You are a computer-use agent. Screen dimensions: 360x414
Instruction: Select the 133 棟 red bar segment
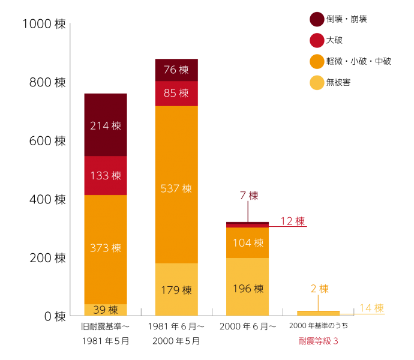(x=106, y=175)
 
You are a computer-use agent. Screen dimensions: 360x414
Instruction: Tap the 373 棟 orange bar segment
(x=106, y=248)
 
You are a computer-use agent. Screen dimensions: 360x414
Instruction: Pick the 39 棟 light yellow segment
(x=106, y=310)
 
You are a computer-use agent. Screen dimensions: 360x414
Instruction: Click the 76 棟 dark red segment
(x=176, y=70)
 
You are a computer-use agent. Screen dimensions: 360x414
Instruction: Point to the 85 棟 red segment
(x=176, y=94)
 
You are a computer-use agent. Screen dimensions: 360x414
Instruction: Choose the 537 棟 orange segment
(x=176, y=187)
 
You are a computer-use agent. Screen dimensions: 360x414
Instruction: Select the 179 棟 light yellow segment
(x=176, y=289)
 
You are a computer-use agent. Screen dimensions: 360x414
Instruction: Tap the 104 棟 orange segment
(x=248, y=242)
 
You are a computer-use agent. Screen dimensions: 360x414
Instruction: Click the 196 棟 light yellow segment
(x=248, y=288)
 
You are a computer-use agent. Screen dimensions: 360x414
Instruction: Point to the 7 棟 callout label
(x=248, y=196)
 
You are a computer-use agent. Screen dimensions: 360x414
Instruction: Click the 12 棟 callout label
(x=292, y=221)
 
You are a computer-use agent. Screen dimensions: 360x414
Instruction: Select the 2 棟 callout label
(x=319, y=289)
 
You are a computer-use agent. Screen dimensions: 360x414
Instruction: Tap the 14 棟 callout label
(x=371, y=308)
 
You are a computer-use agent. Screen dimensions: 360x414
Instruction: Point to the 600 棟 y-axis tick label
(x=47, y=141)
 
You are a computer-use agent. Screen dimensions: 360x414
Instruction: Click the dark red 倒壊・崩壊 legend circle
(x=317, y=19)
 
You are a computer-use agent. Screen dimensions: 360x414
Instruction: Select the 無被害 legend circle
(x=317, y=82)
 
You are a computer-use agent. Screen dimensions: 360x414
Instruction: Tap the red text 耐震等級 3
(x=319, y=341)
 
